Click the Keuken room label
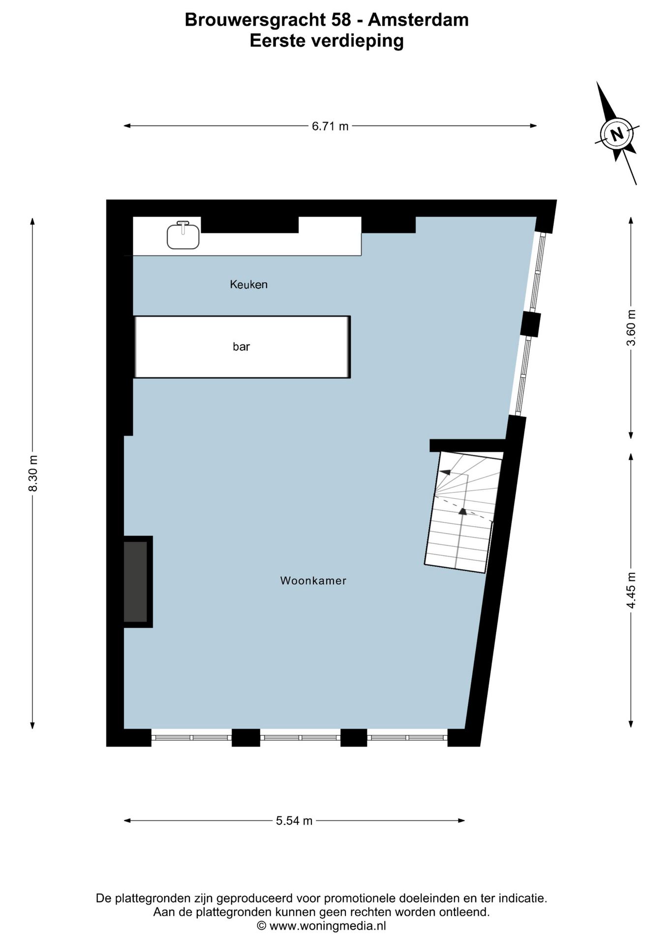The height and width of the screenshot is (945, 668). (248, 284)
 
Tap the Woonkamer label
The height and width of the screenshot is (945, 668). (313, 581)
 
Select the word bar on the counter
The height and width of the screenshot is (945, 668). (241, 347)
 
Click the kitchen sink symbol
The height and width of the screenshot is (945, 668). (183, 236)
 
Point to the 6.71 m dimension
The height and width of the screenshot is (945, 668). (330, 126)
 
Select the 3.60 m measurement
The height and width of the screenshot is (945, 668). (631, 328)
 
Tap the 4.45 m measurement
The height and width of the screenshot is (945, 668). (631, 590)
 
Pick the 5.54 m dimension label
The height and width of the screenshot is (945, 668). (294, 820)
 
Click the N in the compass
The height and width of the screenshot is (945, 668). (616, 133)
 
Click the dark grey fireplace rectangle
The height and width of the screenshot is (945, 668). (135, 582)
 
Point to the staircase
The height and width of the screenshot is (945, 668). (462, 512)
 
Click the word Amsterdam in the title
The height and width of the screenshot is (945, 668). (418, 20)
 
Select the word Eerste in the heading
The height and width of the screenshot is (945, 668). (277, 41)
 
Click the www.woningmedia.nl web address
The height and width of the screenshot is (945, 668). (328, 926)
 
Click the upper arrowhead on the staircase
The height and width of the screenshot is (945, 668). (445, 472)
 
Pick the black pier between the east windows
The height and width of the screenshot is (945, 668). (531, 324)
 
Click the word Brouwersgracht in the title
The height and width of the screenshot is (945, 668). (254, 20)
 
